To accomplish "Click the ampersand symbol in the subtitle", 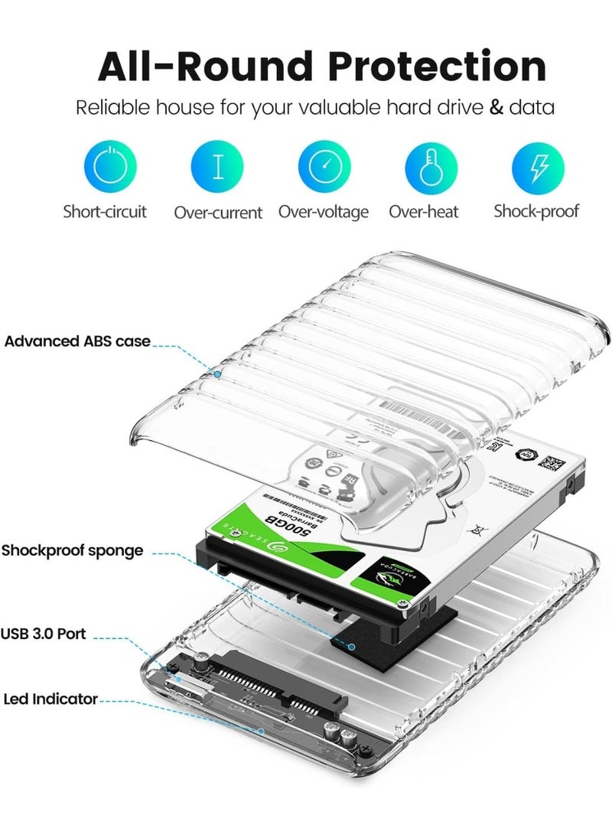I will coord(496,107).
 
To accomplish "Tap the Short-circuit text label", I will coord(105,211).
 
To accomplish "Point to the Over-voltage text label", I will coord(324,212).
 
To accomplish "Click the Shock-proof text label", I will coord(536,211).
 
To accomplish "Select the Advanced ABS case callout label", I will coord(77,341).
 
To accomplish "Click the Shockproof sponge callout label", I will coord(72,550).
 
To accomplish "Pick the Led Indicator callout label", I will coord(50,699).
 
